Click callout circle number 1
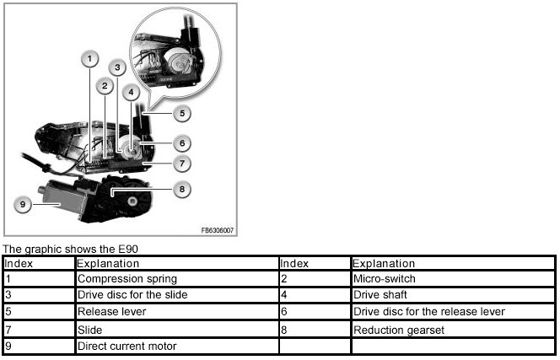tap(90, 59)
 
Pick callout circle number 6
tap(182, 143)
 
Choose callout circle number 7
tap(182, 164)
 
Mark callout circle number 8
tap(180, 190)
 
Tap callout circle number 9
tap(24, 202)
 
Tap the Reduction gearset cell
tap(391, 329)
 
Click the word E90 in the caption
tap(127, 249)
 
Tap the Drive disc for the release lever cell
tap(428, 312)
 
